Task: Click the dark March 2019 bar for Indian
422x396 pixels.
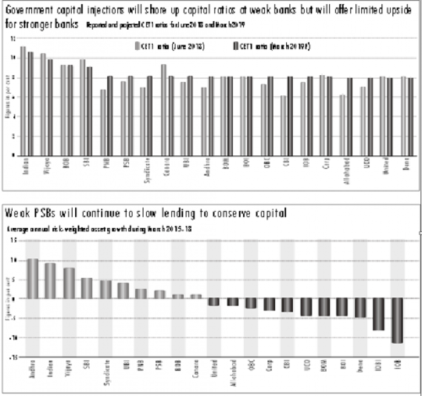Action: click(x=30, y=104)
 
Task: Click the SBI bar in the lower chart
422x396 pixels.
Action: click(x=87, y=288)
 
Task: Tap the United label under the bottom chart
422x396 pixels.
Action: click(x=215, y=370)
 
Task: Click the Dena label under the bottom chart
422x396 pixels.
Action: click(x=361, y=369)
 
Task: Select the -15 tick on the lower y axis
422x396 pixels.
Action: click(x=12, y=357)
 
